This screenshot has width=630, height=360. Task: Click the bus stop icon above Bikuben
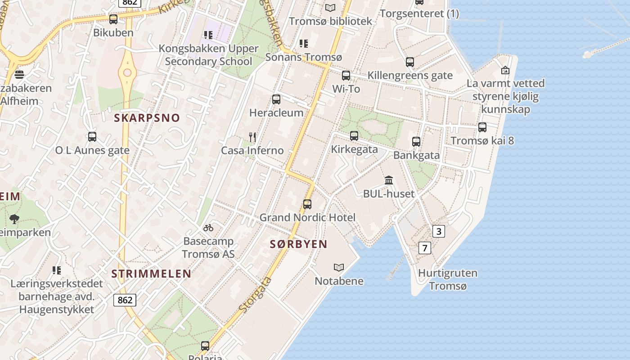coord(113,19)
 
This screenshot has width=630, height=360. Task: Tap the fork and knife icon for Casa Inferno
coord(252,137)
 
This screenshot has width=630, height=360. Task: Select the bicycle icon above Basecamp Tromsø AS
coord(208,228)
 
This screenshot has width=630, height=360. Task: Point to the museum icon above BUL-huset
coord(389,180)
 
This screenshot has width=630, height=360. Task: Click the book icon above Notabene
coord(339,268)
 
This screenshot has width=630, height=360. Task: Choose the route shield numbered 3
coord(438,231)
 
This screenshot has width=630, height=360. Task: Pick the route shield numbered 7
coord(424,247)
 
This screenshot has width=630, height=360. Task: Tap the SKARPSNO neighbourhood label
coord(147,118)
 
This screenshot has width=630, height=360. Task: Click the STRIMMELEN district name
coord(151,274)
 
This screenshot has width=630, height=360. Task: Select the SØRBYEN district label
coord(298,244)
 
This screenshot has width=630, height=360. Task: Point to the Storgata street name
coord(255,295)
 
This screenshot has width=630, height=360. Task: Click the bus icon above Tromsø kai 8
coord(482,127)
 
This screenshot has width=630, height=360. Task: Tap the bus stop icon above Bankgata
coord(416,142)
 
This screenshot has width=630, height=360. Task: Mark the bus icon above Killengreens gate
coord(409,62)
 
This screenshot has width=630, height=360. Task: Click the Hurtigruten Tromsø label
coord(448,279)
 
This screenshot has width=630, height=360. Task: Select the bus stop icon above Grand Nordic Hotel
coord(307,204)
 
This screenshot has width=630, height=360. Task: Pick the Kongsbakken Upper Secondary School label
coord(208,55)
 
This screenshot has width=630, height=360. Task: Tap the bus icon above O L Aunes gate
coord(92,137)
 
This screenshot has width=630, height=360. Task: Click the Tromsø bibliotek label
coord(331,21)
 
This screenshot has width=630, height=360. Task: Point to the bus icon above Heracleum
coord(276,99)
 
